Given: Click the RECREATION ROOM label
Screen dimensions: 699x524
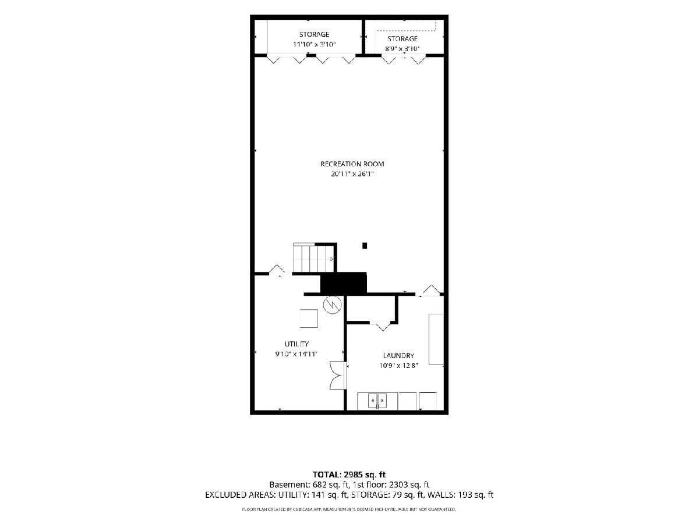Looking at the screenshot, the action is point(352,164).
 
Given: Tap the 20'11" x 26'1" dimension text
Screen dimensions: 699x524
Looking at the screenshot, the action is point(352,174).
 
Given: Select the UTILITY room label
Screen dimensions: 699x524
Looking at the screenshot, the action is point(296,344).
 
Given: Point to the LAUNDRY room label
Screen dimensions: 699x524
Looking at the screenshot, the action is point(398,355).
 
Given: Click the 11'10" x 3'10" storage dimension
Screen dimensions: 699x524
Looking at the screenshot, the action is point(315,44).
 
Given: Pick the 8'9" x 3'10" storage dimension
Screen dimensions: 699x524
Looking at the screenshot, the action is point(403,49).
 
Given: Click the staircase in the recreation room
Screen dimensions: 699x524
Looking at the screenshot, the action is point(313,258).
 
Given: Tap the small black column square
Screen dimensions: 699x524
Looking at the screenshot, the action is point(365,246).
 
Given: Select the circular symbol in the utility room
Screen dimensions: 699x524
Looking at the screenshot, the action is point(332,305).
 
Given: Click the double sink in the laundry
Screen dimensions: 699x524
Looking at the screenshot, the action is point(377,401).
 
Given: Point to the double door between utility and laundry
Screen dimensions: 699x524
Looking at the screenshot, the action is point(338,375).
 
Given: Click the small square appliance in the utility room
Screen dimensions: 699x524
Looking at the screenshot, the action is point(309,318).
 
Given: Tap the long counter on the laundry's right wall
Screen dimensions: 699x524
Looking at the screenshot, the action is point(436,339).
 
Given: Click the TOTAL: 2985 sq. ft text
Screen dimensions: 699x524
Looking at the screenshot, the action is point(349,475).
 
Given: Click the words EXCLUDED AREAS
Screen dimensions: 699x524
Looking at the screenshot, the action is point(240,495).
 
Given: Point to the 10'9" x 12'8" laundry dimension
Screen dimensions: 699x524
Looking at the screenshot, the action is point(398,366).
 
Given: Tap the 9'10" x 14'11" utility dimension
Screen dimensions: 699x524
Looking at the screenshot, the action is point(296,354).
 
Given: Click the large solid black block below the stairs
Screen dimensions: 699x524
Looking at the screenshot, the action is point(343,283).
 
